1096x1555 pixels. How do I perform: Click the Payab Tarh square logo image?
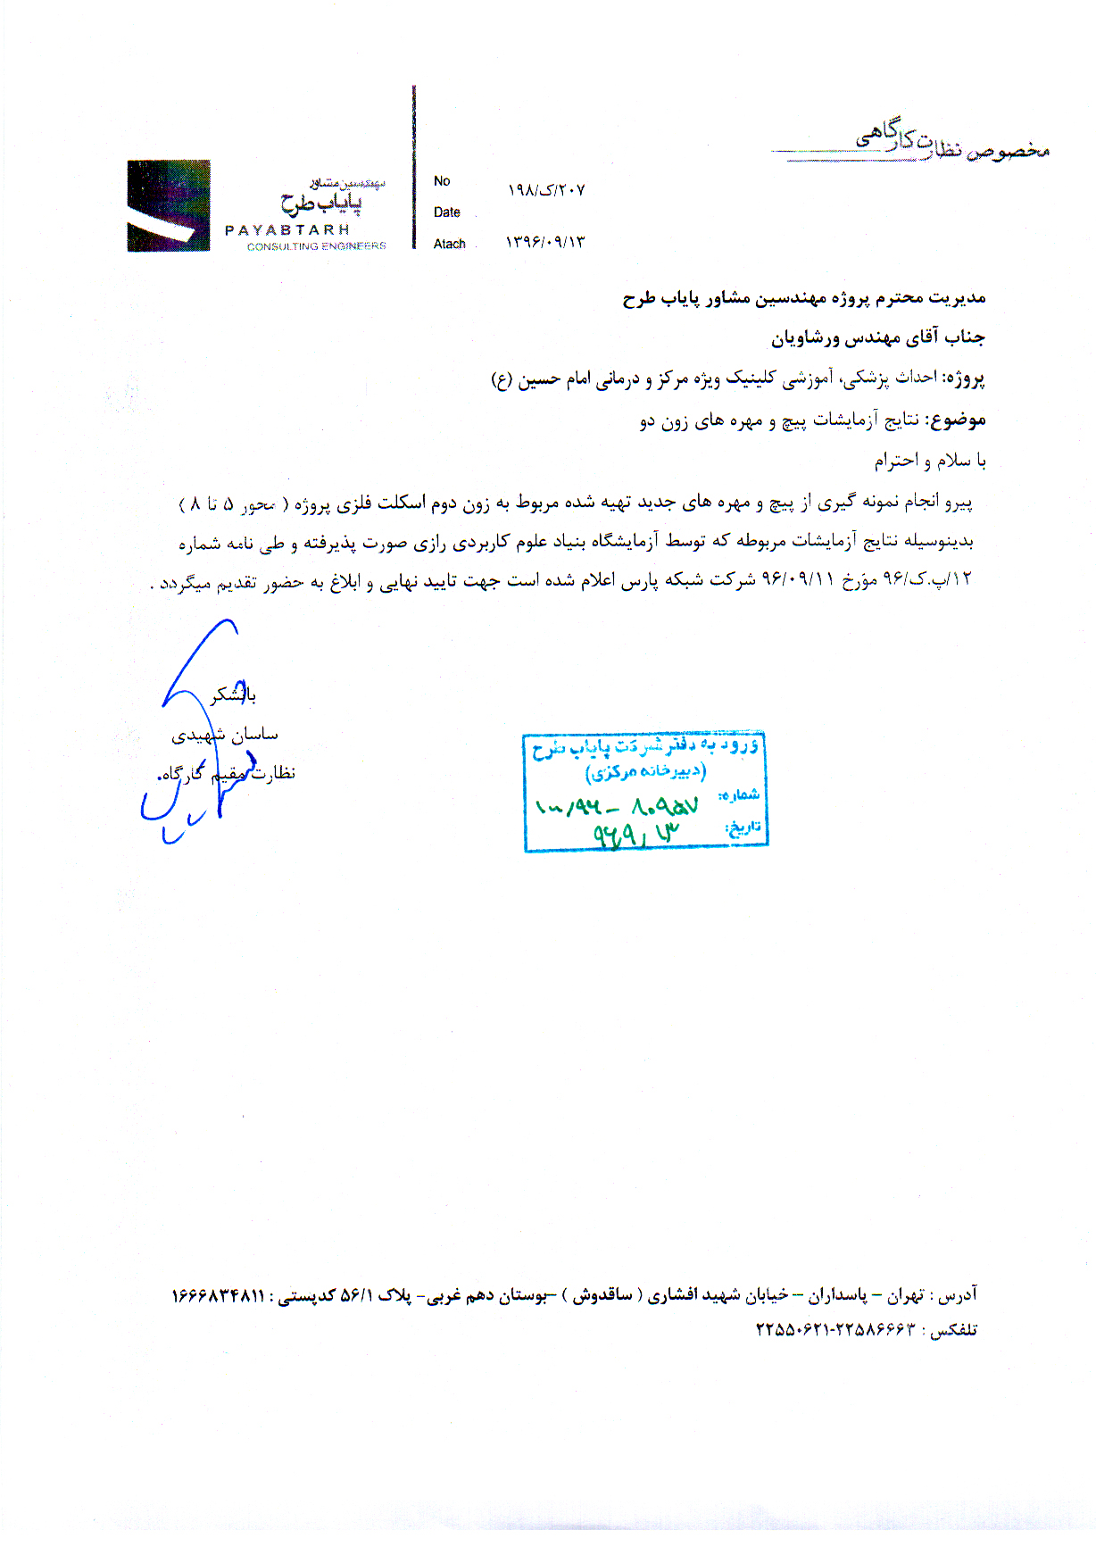169,205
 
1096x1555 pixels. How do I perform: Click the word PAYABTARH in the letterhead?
287,230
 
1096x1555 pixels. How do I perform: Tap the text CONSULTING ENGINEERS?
317,246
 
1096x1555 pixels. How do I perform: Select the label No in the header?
442,181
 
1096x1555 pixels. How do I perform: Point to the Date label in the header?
447,212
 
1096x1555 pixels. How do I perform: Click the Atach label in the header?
450,244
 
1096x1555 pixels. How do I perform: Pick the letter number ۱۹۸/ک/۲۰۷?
546,190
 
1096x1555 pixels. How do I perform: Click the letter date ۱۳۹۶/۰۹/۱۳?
545,242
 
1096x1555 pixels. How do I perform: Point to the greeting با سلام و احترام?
930,461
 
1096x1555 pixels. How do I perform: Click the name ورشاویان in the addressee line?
807,338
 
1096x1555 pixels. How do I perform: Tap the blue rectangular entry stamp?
645,792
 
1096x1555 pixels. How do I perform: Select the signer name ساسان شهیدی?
225,735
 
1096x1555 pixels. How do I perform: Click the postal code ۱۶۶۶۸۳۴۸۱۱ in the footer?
219,1295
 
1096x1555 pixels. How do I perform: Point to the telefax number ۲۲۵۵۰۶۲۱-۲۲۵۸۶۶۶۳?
835,1329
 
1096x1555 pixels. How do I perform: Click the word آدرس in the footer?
959,1293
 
